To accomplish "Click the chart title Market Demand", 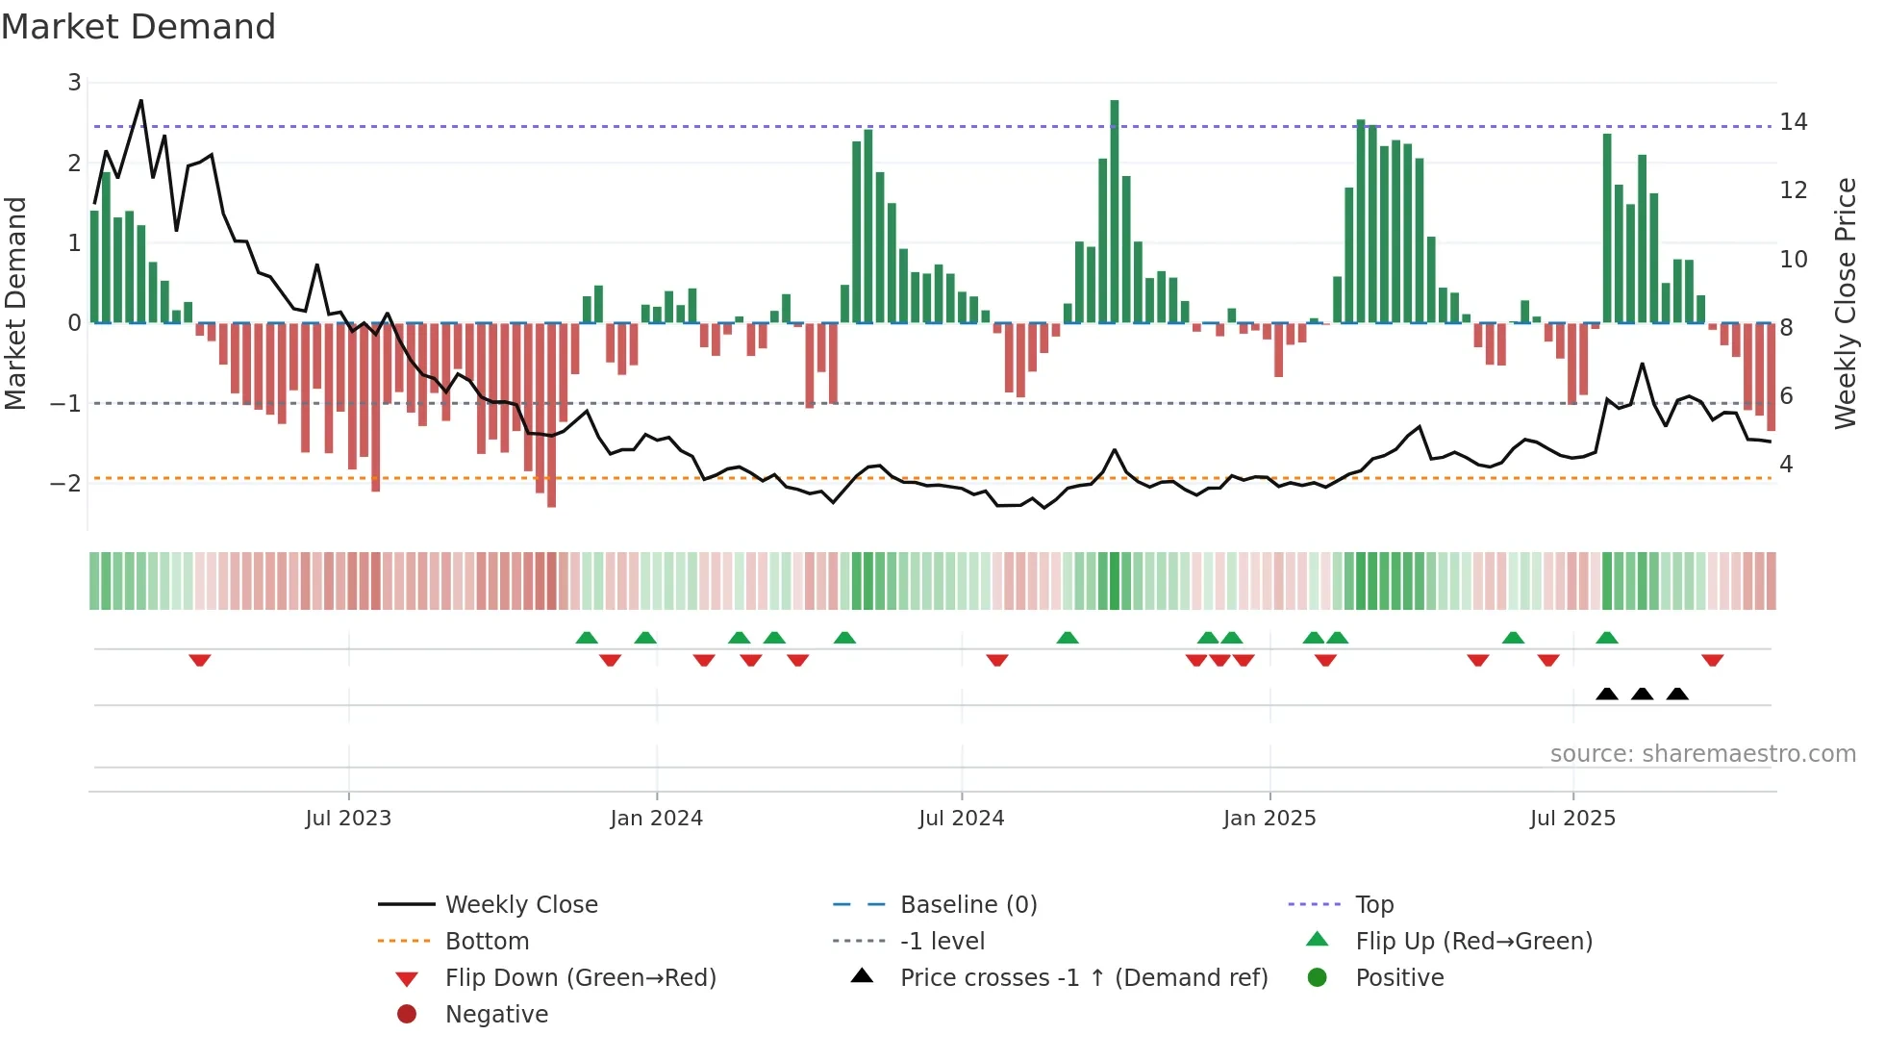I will (138, 26).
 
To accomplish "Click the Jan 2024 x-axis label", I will (656, 819).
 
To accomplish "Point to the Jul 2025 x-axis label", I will (1572, 819).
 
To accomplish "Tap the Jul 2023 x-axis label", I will (348, 819).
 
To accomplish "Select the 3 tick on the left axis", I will (74, 83).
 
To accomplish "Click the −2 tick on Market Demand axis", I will (65, 483).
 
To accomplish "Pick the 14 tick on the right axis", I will (1794, 122).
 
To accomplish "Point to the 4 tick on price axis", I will (1786, 465).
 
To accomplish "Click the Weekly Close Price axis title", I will (1845, 303).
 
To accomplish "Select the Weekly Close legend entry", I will (521, 904).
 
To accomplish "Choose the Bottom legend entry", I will (487, 941).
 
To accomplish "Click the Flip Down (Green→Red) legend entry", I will (580, 977).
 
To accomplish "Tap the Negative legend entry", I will (496, 1014).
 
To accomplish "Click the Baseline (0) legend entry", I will (968, 904).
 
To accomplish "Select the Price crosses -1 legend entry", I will (1084, 977).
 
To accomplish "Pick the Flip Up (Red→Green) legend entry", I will (1473, 941).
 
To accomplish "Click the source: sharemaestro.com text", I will (1702, 753).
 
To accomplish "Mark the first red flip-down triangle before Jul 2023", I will (200, 660).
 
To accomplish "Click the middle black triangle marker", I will (1643, 694).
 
